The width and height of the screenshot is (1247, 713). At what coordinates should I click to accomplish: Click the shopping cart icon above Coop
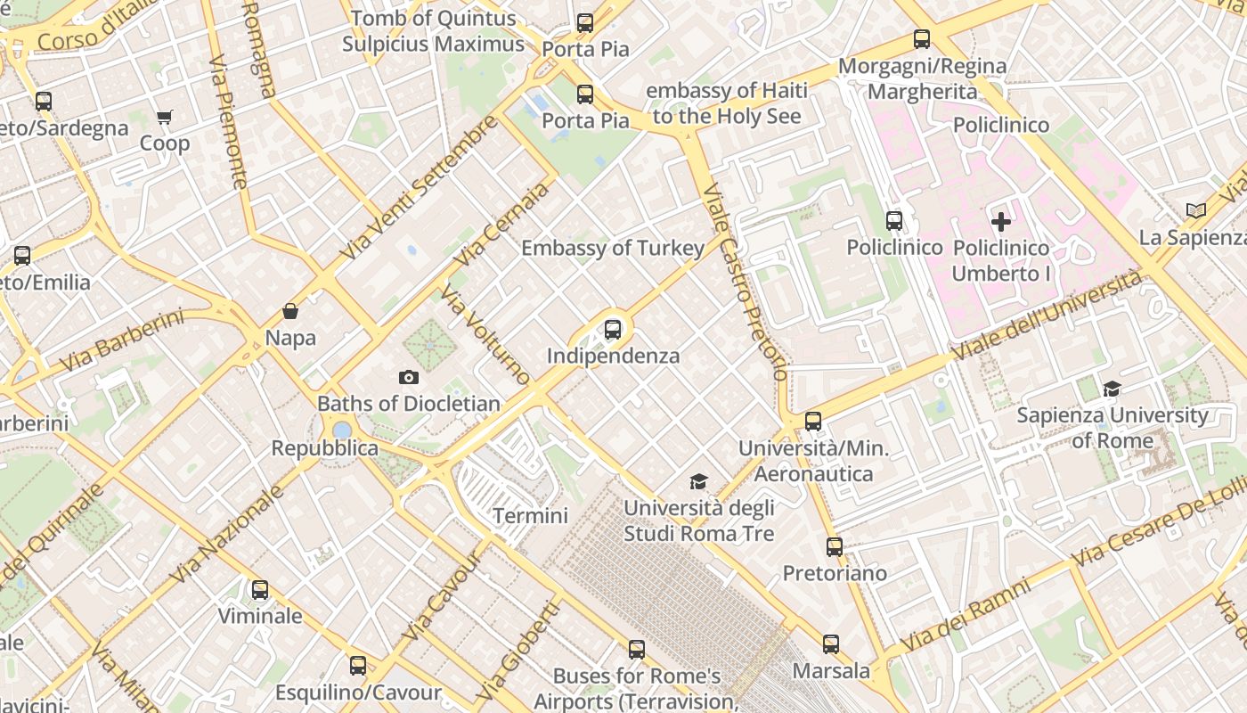[165, 117]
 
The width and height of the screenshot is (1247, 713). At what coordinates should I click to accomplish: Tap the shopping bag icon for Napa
[289, 311]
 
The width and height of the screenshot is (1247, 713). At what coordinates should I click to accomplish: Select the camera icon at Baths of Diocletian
[409, 377]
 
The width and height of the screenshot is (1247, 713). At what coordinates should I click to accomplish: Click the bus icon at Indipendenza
[613, 329]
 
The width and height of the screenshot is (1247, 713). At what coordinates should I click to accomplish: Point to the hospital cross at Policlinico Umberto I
[1001, 221]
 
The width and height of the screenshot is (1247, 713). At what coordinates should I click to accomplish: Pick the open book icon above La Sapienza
[1196, 210]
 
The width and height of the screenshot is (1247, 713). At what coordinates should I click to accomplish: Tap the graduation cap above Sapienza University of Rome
[1112, 389]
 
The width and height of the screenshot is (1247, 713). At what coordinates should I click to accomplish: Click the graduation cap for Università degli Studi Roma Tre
[698, 482]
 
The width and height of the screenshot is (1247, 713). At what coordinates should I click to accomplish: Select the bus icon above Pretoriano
[835, 546]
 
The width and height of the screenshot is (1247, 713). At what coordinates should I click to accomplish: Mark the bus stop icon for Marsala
[831, 643]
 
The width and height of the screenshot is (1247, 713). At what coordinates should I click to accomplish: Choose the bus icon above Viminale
[260, 589]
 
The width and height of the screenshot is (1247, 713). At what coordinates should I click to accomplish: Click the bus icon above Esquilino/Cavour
[358, 665]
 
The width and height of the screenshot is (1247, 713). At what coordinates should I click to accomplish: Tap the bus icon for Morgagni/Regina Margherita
[922, 39]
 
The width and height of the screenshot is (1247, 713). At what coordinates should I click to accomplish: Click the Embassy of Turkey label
[613, 248]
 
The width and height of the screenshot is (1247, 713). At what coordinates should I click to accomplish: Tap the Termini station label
[530, 515]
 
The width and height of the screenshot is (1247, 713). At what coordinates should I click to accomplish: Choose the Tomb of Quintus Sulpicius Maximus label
[433, 31]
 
